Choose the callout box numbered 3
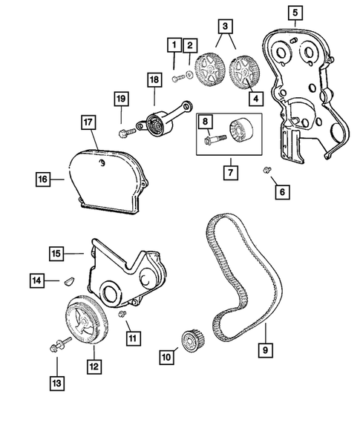point(223,27)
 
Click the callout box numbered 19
point(120,98)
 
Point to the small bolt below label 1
point(176,77)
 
